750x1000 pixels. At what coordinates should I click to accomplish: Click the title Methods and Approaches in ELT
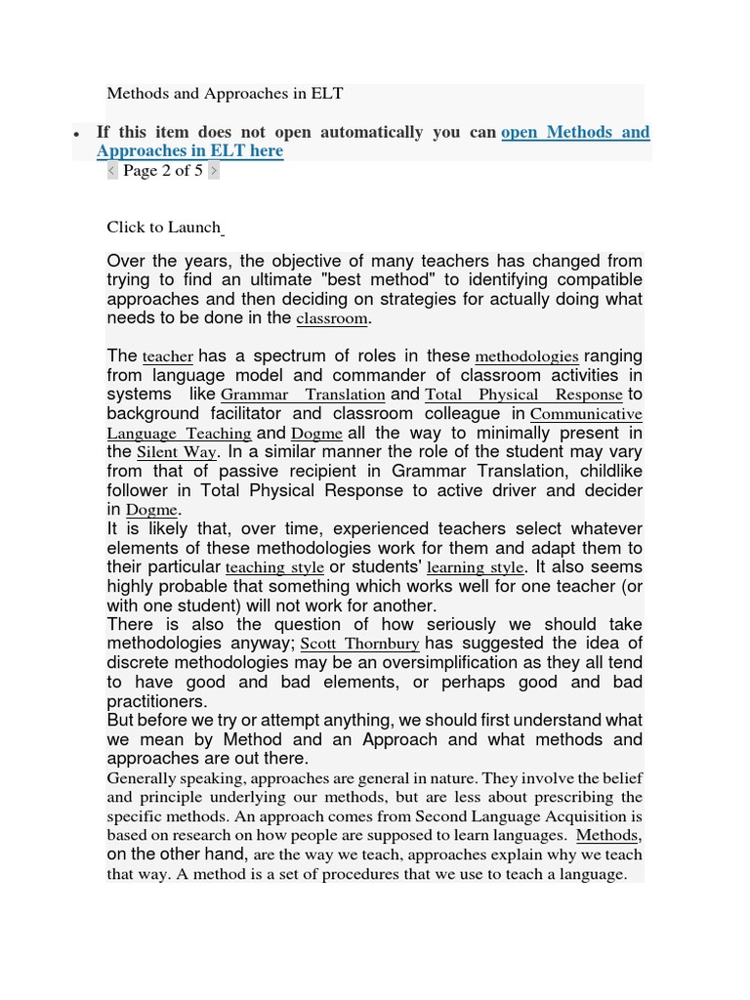tap(225, 94)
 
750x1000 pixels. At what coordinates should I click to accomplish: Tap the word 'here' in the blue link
tap(266, 151)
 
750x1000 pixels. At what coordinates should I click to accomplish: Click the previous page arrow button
tap(111, 171)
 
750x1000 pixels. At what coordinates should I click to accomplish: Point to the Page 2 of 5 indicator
tap(163, 171)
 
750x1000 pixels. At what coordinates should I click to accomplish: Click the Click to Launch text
tap(164, 228)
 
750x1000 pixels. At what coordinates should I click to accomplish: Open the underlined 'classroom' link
tap(332, 319)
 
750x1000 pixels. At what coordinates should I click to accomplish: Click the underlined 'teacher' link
tap(168, 357)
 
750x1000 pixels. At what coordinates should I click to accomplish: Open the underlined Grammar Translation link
tap(303, 396)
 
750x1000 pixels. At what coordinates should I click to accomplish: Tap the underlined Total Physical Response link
tap(523, 396)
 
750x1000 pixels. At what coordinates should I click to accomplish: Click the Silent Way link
tap(176, 453)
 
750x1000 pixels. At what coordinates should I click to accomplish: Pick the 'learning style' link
tap(477, 567)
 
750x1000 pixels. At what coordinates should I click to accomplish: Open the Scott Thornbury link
tap(360, 645)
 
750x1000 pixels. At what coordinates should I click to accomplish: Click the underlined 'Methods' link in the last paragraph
tap(607, 836)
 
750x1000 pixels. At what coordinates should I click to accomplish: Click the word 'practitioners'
tap(157, 701)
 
